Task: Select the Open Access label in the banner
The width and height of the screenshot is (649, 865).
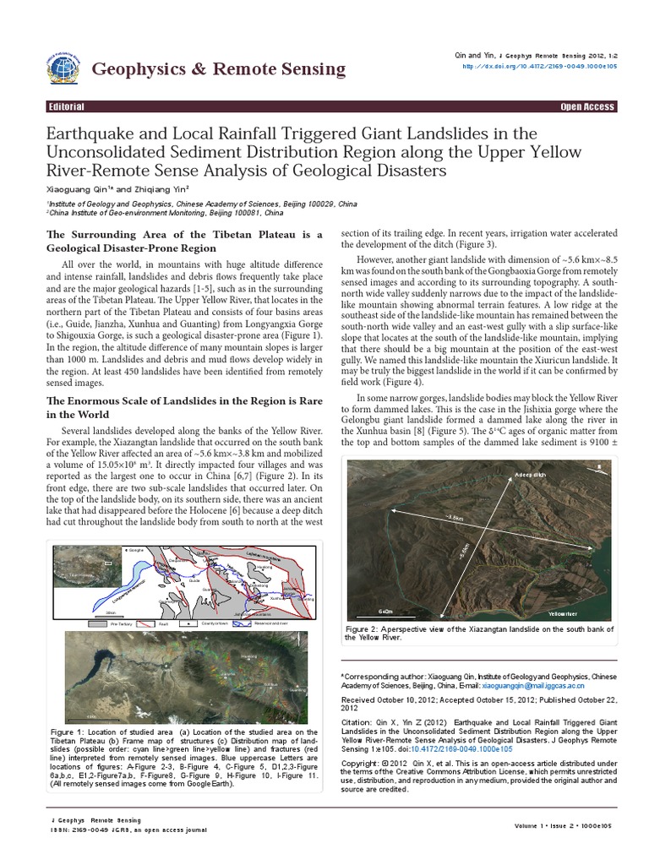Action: [x=587, y=107]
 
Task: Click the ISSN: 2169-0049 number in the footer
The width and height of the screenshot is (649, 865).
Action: [x=72, y=830]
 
